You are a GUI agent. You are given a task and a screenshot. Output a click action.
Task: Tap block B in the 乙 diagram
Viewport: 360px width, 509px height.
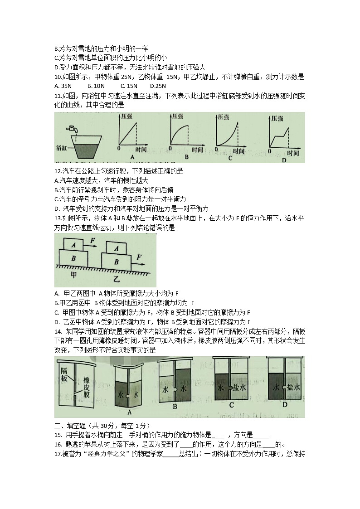coord(117,262)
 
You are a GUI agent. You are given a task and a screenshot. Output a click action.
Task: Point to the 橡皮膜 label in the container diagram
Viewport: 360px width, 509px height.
coord(85,388)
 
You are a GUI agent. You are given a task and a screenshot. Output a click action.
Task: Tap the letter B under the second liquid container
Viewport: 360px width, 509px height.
coord(175,407)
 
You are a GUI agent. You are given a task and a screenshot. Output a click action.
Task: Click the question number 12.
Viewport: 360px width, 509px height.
coord(58,171)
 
